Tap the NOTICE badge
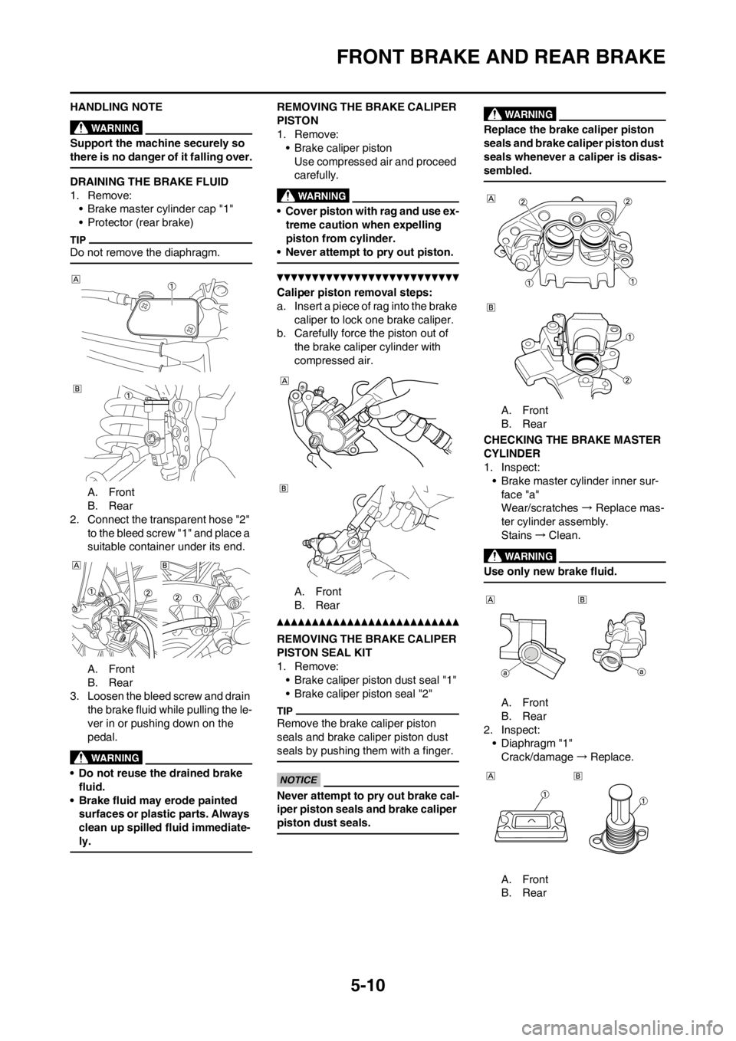pyautogui.click(x=297, y=780)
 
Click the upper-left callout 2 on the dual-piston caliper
pyautogui.click(x=522, y=202)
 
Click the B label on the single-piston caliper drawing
pyautogui.click(x=490, y=307)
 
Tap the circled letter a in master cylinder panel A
pyautogui.click(x=505, y=672)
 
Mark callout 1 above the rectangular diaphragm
pyautogui.click(x=544, y=795)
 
